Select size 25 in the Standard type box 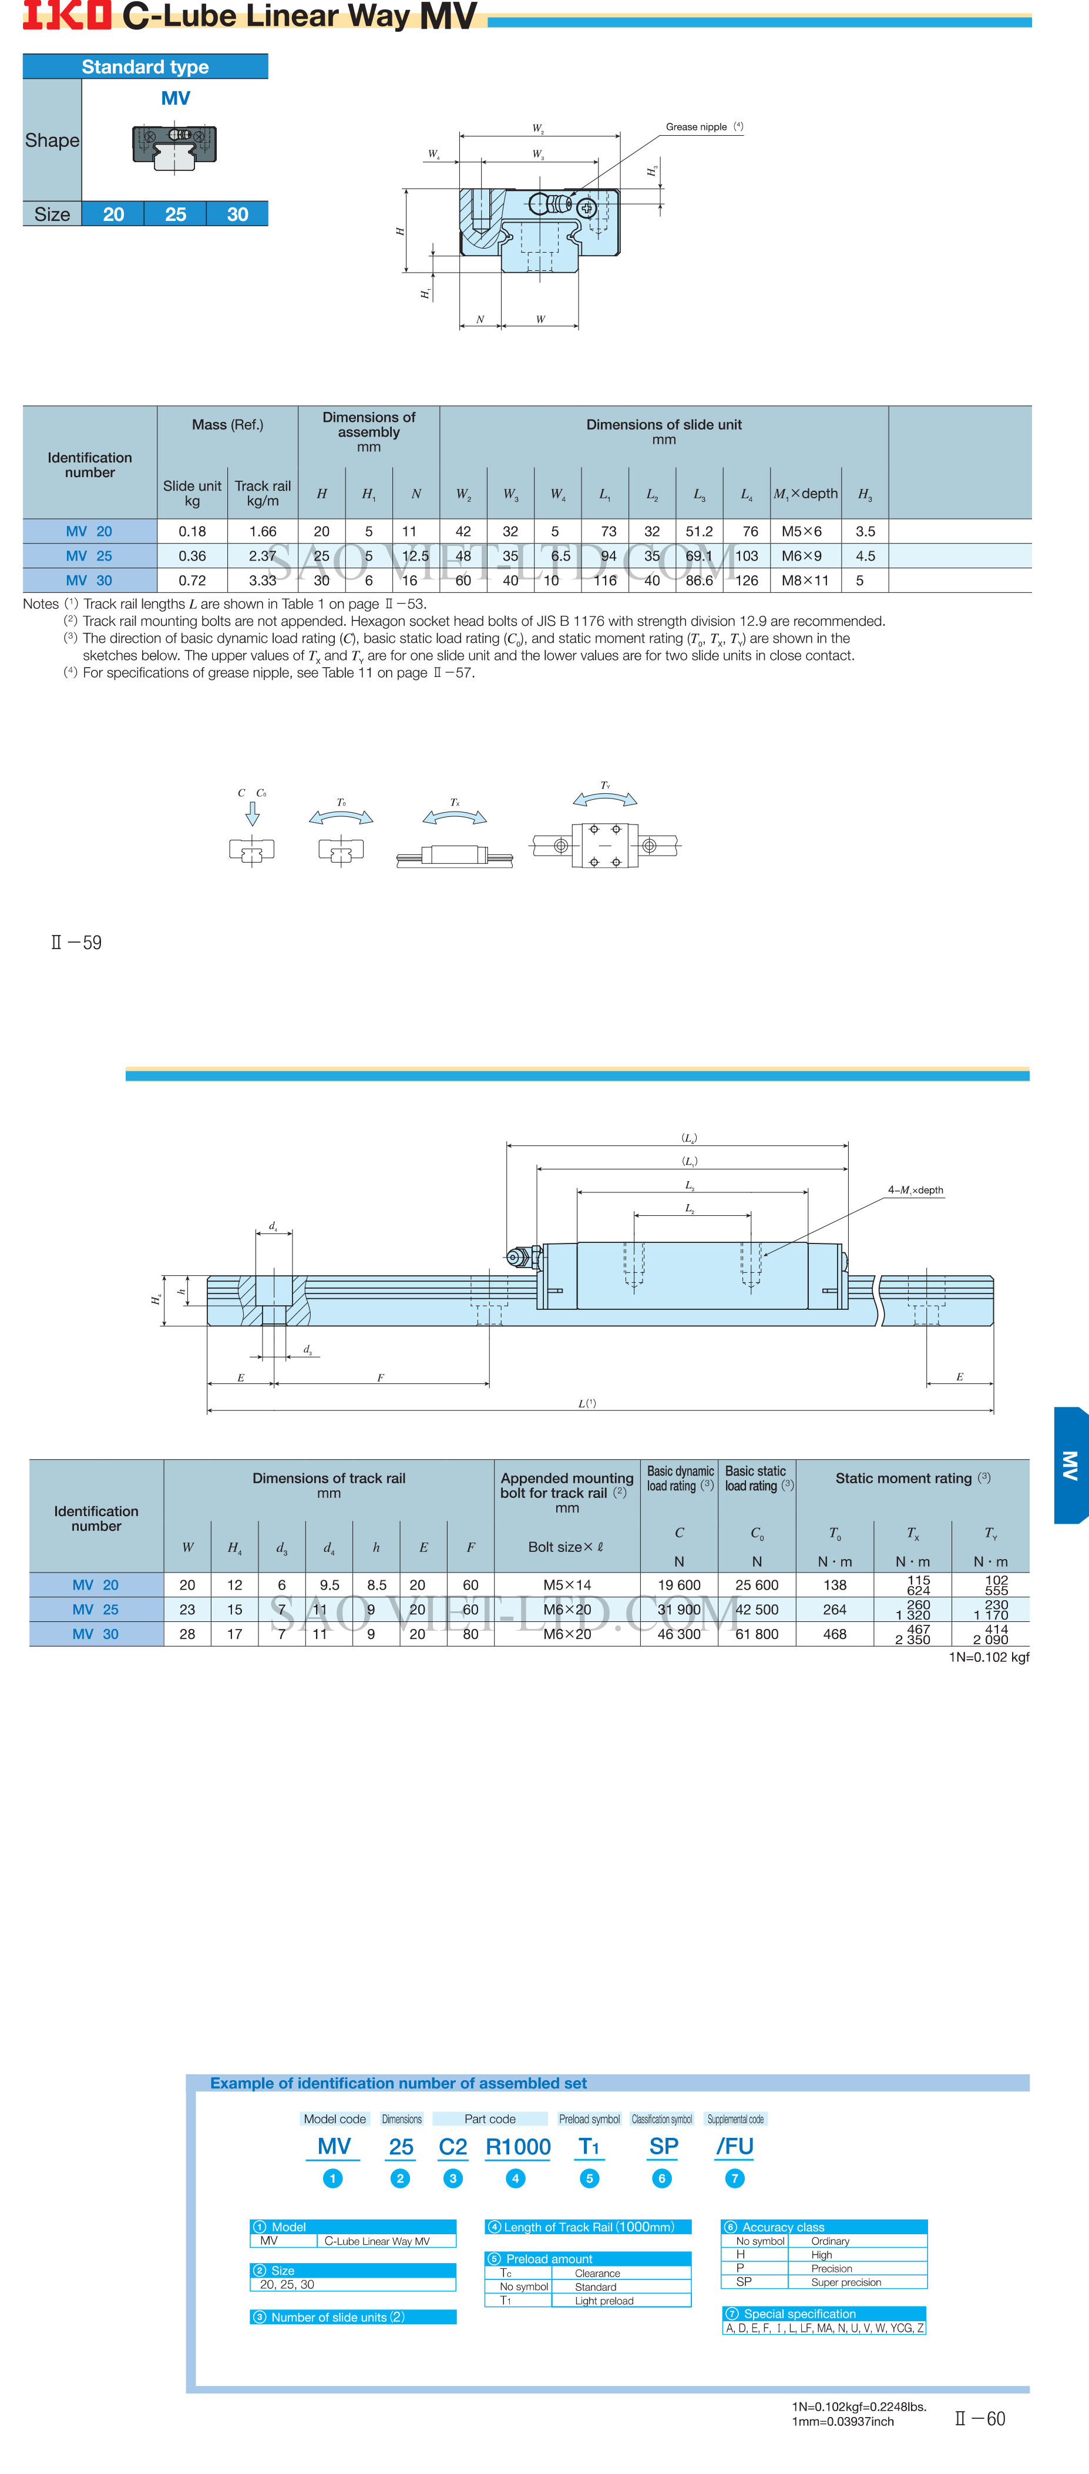pyautogui.click(x=175, y=214)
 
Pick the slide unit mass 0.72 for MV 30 pyautogui.click(x=192, y=580)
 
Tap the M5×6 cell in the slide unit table pyautogui.click(x=801, y=531)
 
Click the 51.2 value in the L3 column pyautogui.click(x=699, y=531)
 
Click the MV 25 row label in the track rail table pyautogui.click(x=96, y=1610)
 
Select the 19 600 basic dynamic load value pyautogui.click(x=679, y=1585)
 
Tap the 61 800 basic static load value pyautogui.click(x=757, y=1634)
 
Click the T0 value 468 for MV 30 pyautogui.click(x=835, y=1634)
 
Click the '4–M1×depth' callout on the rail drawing pyautogui.click(x=915, y=1190)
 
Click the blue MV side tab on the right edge pyautogui.click(x=1071, y=1464)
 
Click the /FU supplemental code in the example pyautogui.click(x=735, y=2147)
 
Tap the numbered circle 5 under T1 pyautogui.click(x=590, y=2178)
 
